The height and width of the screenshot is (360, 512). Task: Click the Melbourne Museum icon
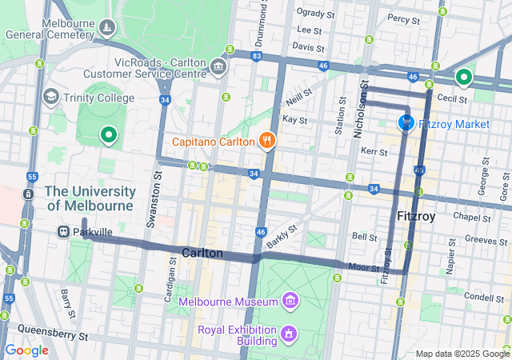[x=290, y=302]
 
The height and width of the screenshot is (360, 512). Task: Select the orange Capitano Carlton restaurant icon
[x=266, y=142]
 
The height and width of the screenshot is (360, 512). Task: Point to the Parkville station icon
[x=62, y=231]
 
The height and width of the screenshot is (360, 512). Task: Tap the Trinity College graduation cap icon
[x=51, y=97]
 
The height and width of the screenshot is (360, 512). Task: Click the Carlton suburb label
[x=202, y=253]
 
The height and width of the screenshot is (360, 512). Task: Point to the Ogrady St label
[x=314, y=12]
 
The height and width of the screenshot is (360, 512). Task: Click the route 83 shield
[x=255, y=56]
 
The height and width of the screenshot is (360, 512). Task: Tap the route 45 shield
[x=419, y=170]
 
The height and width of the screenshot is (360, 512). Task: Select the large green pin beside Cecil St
[x=463, y=78]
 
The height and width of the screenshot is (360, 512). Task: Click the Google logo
[x=27, y=350]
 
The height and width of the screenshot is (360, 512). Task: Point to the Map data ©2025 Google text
[x=462, y=354]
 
